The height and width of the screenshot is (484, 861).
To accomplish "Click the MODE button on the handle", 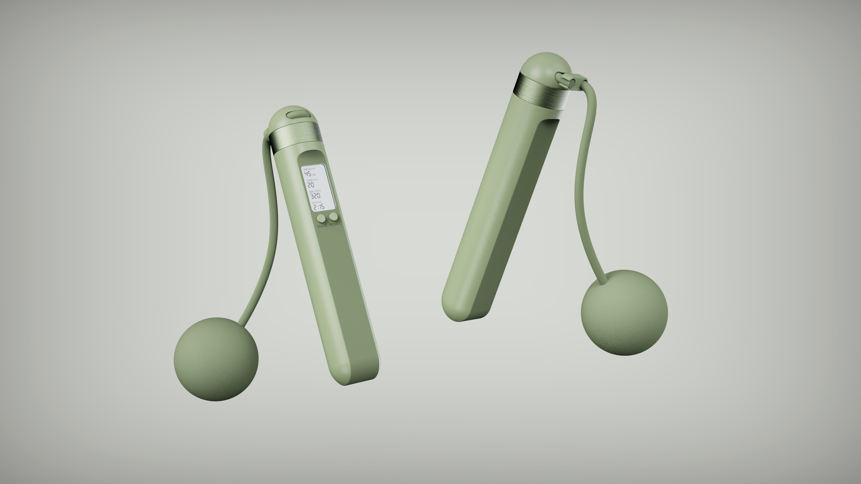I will [321, 218].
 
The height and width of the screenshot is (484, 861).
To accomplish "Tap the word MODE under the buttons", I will [322, 226].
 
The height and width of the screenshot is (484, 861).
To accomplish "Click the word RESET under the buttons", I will [334, 224].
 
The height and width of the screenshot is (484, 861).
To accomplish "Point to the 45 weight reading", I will [307, 173].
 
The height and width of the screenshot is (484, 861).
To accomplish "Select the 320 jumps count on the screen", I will [315, 195].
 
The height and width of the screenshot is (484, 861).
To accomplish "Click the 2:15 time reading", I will [319, 207].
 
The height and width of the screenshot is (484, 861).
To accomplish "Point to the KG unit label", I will [314, 175].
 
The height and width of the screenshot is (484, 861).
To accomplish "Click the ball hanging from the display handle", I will [216, 359].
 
